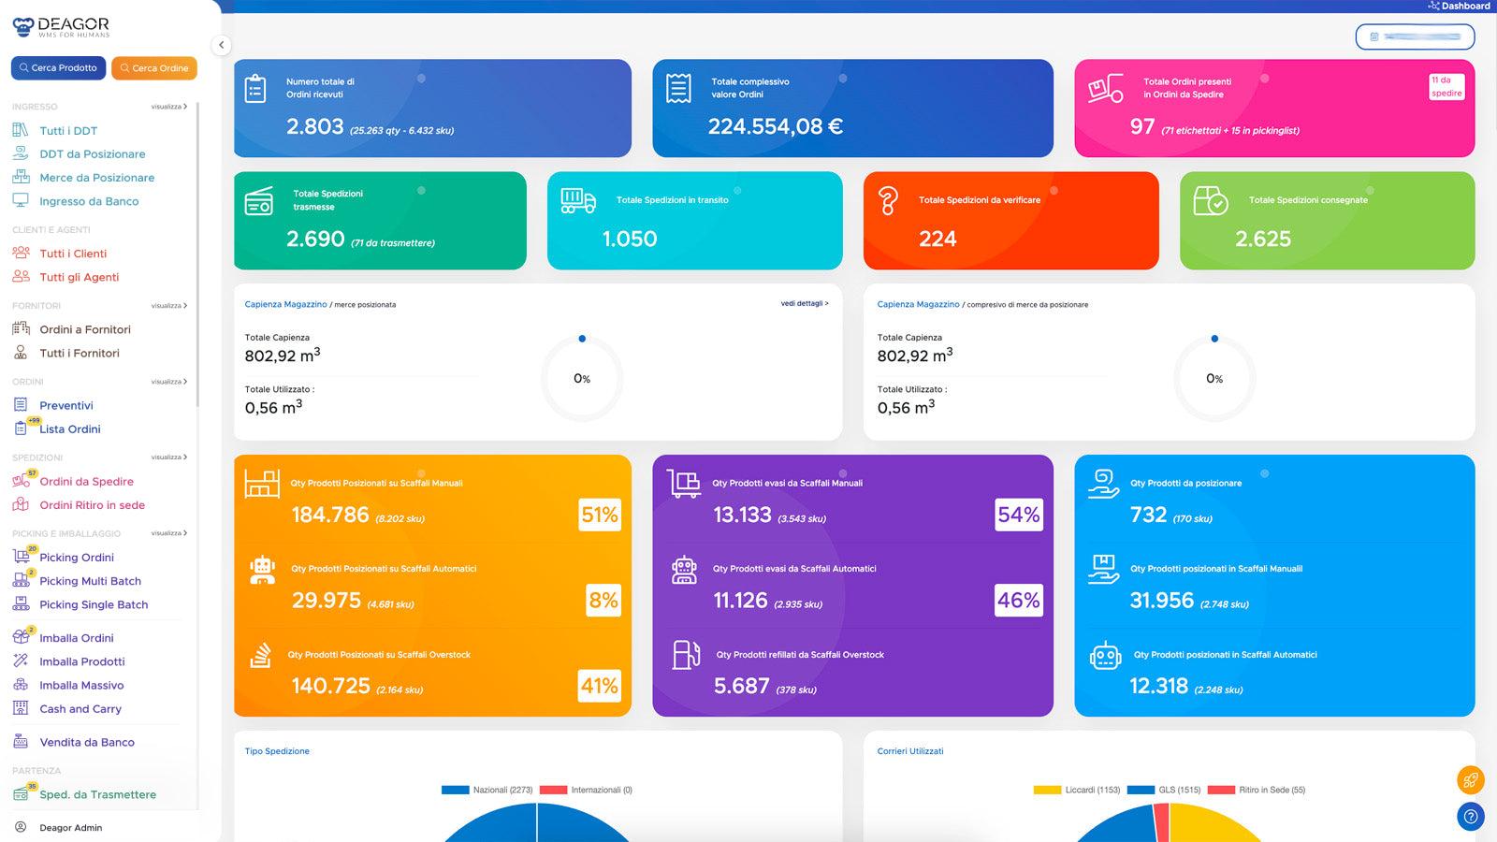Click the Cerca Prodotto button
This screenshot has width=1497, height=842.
pos(58,67)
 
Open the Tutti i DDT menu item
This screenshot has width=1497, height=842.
pos(67,131)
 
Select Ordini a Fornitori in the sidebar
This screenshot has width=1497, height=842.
pos(84,329)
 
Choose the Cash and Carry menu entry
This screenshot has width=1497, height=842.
pos(80,709)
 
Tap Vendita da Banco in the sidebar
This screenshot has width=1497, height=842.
pos(86,742)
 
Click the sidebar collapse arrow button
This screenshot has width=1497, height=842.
pos(221,45)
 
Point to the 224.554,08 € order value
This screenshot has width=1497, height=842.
pos(775,126)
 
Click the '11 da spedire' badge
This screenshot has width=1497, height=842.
pos(1446,87)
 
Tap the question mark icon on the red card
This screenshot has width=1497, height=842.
pos(888,201)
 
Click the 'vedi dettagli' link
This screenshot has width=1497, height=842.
pos(804,303)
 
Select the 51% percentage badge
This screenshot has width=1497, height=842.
pos(600,515)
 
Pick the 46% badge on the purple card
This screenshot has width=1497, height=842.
pos(1018,601)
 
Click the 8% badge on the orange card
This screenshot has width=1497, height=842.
pos(603,601)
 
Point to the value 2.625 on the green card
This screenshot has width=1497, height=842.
pos(1262,240)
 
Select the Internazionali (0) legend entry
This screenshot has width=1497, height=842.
pos(587,790)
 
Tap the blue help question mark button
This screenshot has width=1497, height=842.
pos(1470,817)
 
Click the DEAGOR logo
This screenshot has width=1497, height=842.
pos(62,26)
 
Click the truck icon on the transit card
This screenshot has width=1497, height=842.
pos(577,200)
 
